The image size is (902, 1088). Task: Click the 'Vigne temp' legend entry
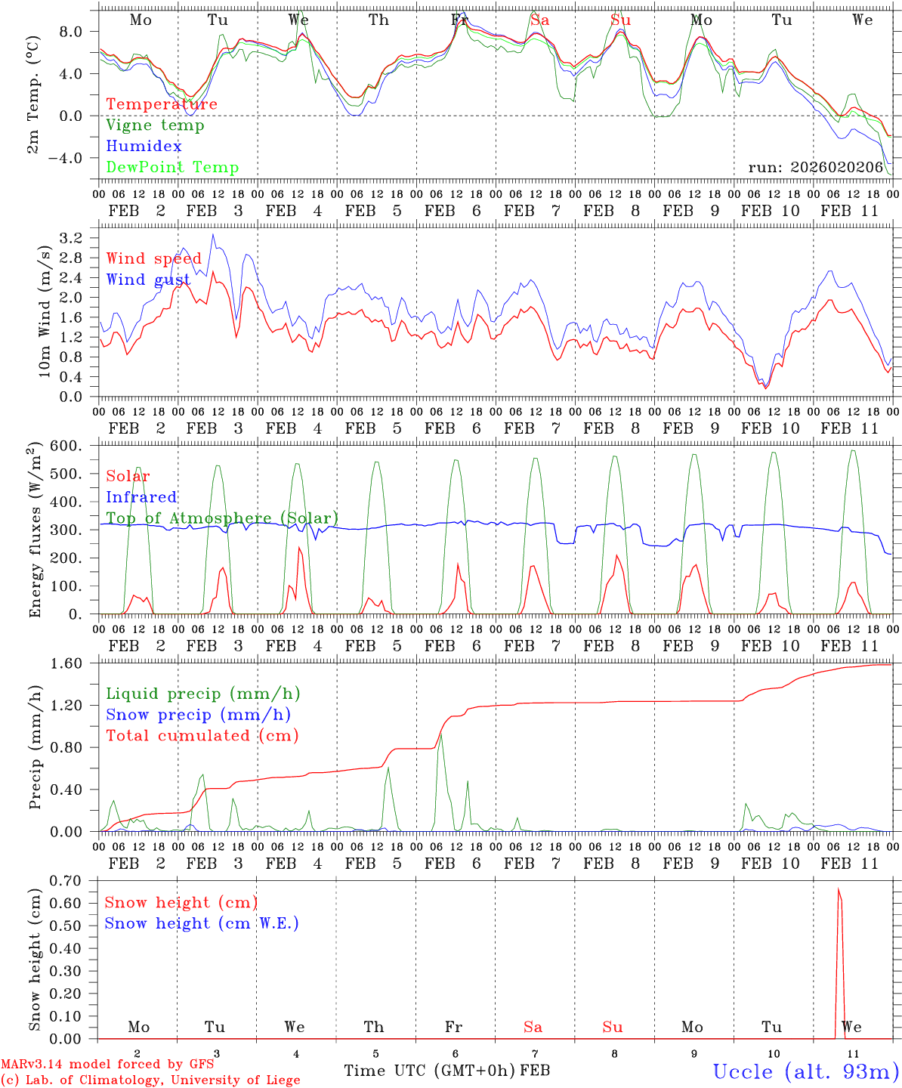(155, 125)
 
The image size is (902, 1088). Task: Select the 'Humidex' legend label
(144, 147)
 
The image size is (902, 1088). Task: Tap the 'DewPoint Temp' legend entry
(172, 168)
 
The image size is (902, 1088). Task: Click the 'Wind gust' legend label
(148, 280)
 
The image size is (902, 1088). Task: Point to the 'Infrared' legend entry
(141, 497)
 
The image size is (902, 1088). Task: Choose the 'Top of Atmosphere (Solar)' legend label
(222, 518)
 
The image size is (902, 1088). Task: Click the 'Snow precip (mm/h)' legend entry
(198, 715)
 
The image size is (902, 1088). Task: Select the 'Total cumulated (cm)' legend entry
(202, 736)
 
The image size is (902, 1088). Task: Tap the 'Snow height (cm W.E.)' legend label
(202, 923)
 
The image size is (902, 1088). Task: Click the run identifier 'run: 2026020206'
(816, 168)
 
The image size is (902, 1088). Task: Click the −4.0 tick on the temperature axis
(75, 159)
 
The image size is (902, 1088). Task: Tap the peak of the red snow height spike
(839, 889)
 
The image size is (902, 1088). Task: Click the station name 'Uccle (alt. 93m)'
(805, 1072)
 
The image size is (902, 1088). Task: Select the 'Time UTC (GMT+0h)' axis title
(430, 1071)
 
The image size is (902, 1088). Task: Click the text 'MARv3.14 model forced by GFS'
(107, 1065)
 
